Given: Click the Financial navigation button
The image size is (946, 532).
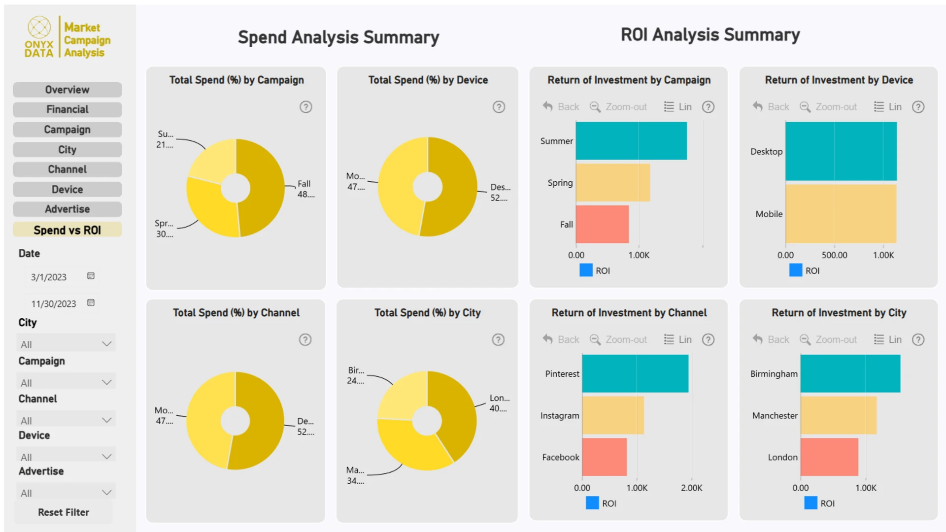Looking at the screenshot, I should coord(67,109).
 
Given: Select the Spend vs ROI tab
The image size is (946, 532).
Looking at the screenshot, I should coord(67,230).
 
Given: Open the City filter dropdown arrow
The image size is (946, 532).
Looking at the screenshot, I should coord(106,344).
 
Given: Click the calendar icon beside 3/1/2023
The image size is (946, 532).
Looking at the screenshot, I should coord(91,276).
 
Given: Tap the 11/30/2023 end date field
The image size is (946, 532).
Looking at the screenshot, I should coord(54,304).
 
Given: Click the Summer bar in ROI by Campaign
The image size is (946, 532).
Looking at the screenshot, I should coord(631,141).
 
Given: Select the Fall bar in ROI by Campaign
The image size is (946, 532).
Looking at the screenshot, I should coord(602,224).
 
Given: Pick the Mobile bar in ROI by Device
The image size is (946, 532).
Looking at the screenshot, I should coord(841,214).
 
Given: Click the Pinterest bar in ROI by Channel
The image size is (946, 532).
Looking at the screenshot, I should coord(635,373).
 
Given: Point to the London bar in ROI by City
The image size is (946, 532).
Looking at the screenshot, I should coord(829,457).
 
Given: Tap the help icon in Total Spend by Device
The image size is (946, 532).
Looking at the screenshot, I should coord(499,107).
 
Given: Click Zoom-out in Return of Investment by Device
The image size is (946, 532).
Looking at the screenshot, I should coord(829,107).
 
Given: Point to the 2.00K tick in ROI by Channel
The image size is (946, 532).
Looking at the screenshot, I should coord(691,488).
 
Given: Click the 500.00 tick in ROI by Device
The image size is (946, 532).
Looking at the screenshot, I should coord(834,255).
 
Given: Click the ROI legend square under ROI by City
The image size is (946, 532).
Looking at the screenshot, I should coord(811,503).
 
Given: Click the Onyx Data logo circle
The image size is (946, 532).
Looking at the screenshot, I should coord(39,27).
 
